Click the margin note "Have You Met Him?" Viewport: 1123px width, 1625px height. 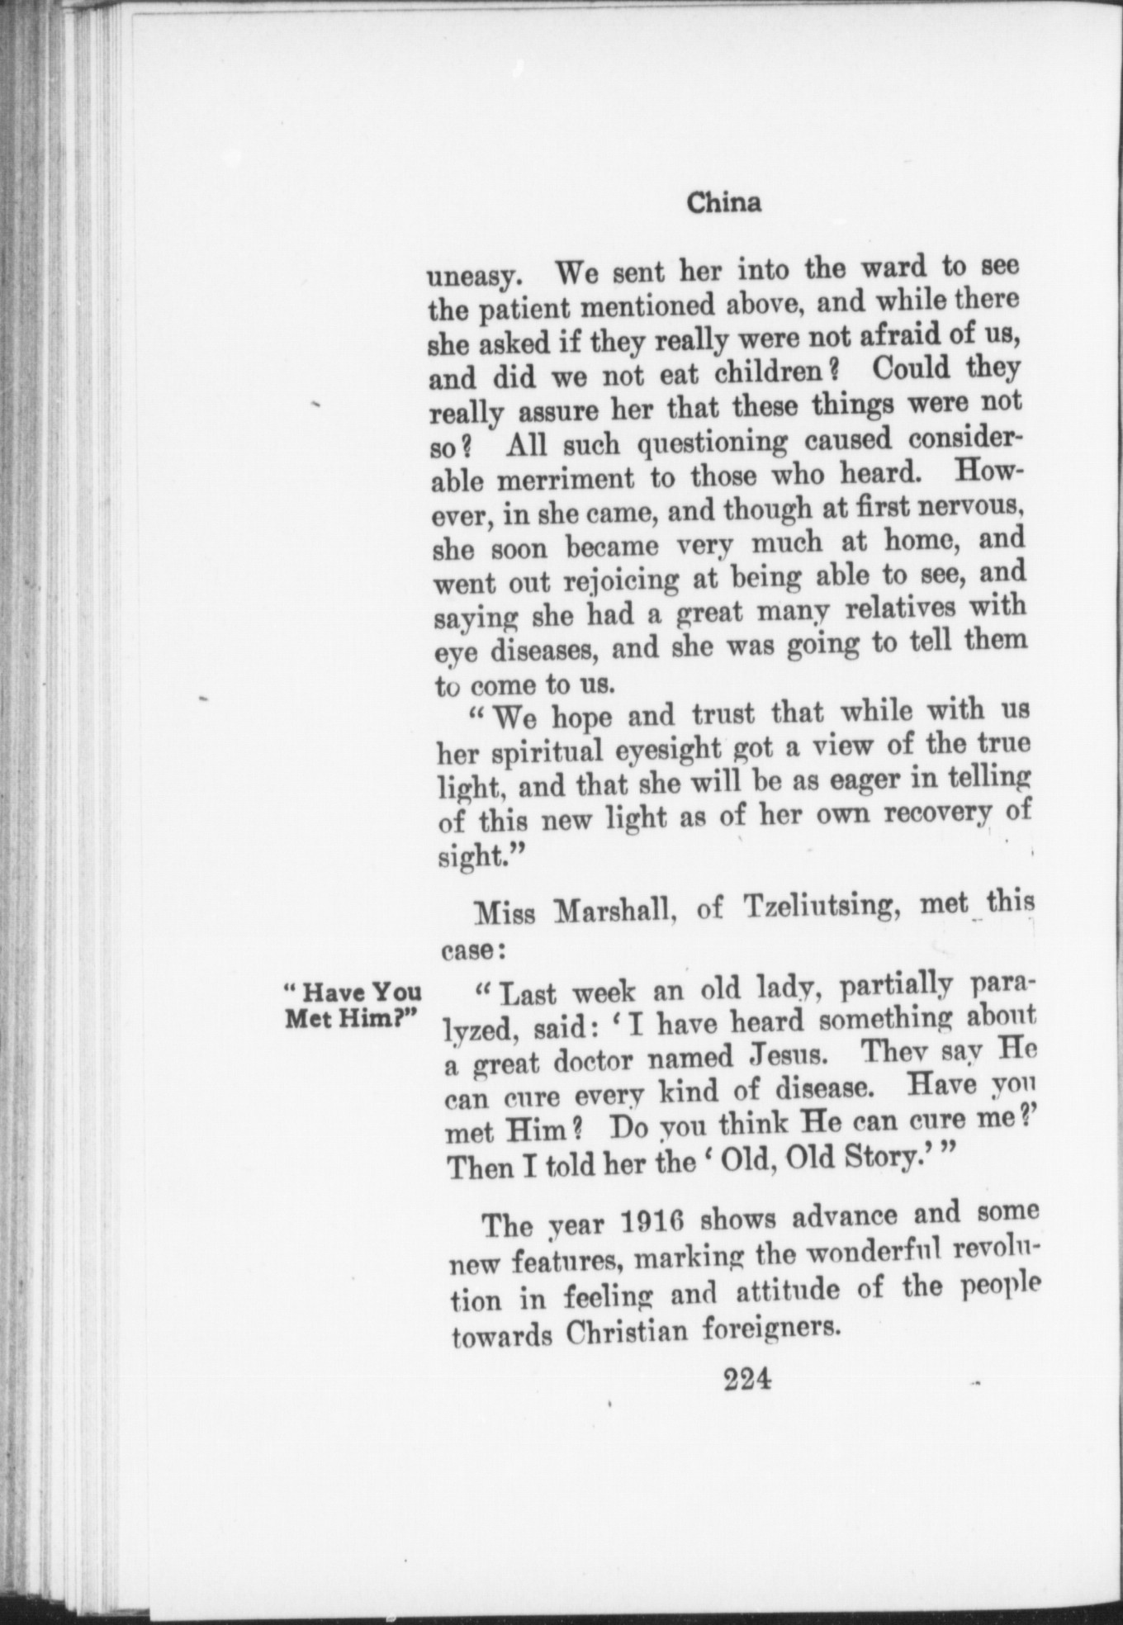(352, 1004)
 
